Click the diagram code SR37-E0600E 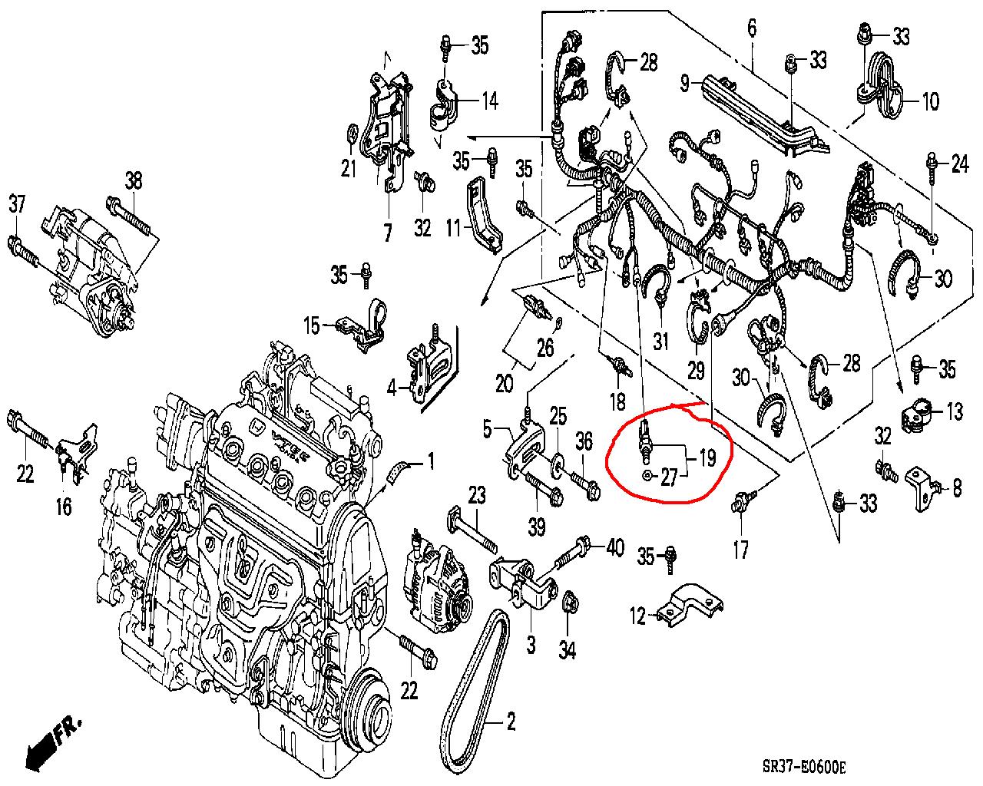pos(803,768)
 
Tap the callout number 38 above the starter pos(134,181)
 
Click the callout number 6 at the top pos(751,29)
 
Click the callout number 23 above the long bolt pos(477,495)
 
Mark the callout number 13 pos(954,411)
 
